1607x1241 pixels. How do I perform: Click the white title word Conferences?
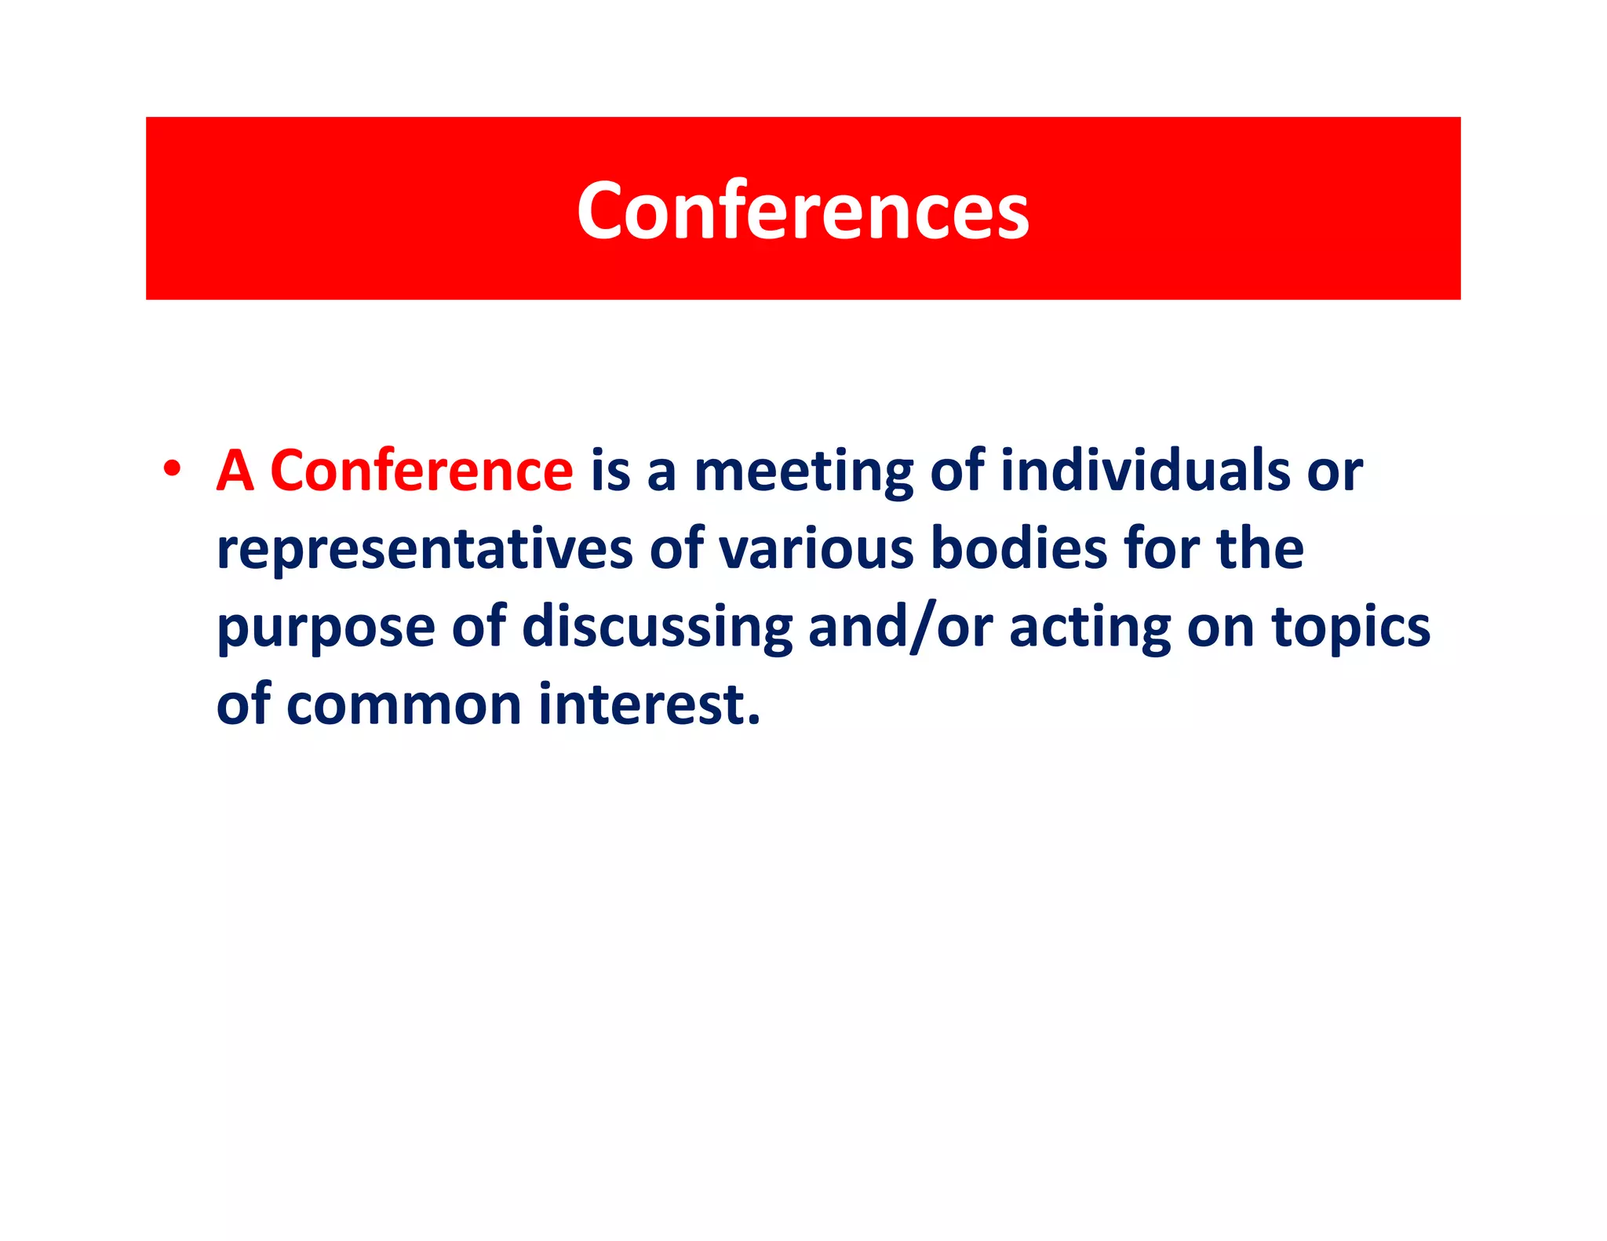click(x=803, y=210)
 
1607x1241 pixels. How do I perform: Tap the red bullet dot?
click(x=172, y=468)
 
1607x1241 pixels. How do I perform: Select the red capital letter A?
click(x=235, y=471)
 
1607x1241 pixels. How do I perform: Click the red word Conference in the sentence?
click(x=421, y=471)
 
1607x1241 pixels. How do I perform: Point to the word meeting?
click(x=803, y=472)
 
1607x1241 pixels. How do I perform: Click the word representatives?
click(x=425, y=549)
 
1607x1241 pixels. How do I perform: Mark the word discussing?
click(x=658, y=628)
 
